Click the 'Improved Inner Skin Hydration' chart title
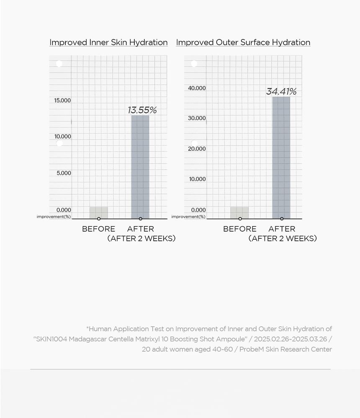(108, 42)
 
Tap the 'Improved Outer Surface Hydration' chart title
(243, 42)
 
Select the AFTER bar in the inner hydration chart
(140, 167)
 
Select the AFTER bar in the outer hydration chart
(281, 158)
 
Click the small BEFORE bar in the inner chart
(99, 212)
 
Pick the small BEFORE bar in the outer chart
(239, 213)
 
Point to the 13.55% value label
(142, 110)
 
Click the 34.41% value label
(281, 91)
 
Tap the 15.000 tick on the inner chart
(62, 100)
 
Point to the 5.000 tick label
(64, 173)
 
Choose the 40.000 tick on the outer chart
(197, 88)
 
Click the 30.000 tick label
(197, 118)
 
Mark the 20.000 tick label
(197, 149)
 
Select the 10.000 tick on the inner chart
(63, 137)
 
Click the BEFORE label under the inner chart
(99, 229)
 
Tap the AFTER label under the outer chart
(282, 229)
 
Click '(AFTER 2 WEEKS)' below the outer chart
(283, 238)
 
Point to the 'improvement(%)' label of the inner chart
(54, 217)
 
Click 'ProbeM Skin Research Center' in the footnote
(285, 349)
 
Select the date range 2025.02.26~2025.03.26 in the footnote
(291, 339)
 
